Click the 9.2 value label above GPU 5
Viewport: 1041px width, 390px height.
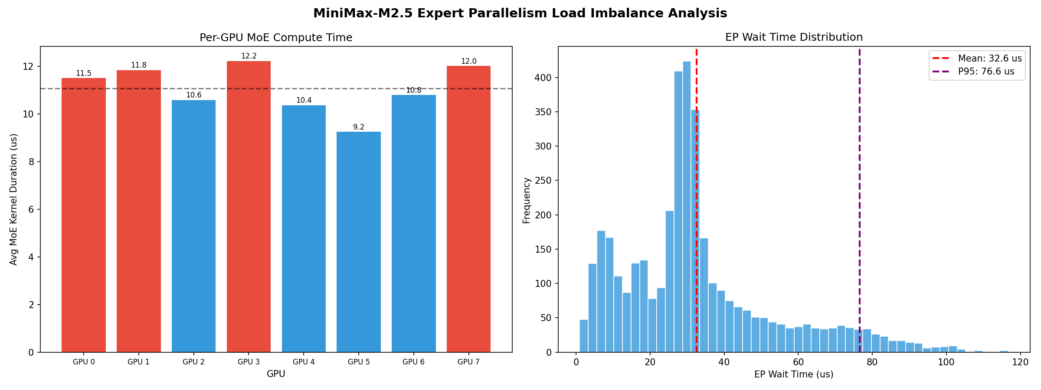[359, 127]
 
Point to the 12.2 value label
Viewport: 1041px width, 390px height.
[249, 56]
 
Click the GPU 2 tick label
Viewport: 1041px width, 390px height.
[193, 362]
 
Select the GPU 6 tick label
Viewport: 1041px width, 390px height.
[413, 362]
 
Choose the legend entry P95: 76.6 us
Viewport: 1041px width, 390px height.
[986, 71]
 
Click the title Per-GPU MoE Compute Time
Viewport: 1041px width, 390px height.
[276, 38]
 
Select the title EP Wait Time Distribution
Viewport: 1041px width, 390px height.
[794, 37]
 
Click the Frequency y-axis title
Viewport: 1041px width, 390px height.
[527, 200]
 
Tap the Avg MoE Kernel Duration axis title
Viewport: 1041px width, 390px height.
[14, 199]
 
